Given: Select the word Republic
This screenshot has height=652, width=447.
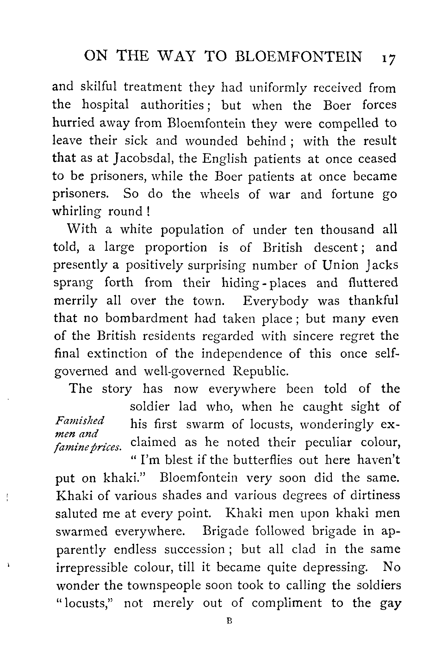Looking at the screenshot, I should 260,371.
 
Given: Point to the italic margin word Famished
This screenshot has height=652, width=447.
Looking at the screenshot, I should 80,421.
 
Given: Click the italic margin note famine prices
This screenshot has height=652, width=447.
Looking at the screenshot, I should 88,447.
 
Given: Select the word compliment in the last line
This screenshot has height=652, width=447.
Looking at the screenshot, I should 287,603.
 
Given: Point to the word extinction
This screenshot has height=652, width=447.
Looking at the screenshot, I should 117,354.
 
